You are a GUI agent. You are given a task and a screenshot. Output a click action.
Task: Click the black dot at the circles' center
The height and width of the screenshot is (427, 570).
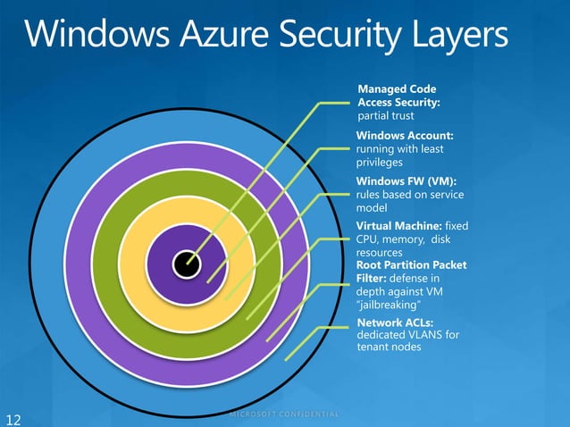click(186, 262)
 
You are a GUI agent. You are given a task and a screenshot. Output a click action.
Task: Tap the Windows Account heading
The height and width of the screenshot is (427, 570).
click(405, 135)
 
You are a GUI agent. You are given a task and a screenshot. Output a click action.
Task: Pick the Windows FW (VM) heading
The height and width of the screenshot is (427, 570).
click(400, 181)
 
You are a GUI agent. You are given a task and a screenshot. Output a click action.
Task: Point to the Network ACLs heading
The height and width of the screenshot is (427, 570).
click(393, 322)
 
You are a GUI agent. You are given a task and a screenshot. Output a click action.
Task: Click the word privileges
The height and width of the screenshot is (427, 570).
click(380, 163)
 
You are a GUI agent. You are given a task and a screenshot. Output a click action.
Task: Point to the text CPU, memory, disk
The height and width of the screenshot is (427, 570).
click(411, 240)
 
